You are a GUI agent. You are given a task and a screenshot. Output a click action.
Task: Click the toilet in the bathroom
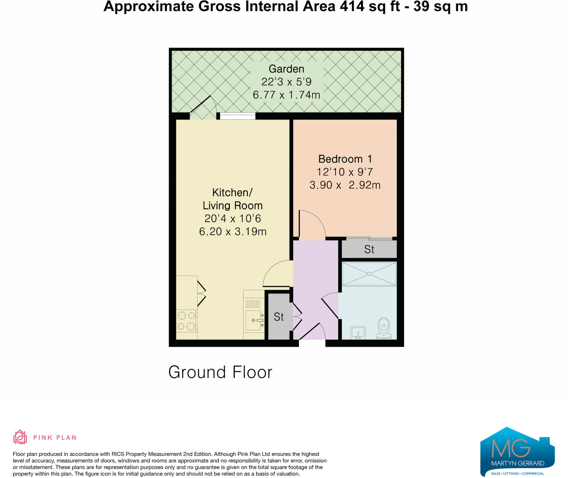[384, 328]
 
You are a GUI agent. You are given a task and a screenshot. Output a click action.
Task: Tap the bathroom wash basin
[358, 332]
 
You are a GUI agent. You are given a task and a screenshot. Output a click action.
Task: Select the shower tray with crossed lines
[369, 274]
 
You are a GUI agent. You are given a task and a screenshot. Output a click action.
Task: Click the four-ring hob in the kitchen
[186, 321]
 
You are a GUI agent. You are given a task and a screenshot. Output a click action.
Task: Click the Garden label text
[286, 69]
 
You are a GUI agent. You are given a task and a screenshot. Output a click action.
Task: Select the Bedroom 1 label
[345, 159]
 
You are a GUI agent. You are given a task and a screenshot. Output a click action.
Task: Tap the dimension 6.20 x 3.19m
[233, 232]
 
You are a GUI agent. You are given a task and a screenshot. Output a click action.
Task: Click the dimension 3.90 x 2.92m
[345, 185]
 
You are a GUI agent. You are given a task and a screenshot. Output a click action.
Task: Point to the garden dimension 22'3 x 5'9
[286, 82]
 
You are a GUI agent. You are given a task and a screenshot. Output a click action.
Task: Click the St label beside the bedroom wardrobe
[369, 249]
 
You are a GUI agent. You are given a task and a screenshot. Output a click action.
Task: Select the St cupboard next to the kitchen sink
[278, 317]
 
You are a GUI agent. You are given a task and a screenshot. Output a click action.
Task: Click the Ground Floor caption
[220, 372]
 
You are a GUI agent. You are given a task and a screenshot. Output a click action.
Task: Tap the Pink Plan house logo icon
[20, 437]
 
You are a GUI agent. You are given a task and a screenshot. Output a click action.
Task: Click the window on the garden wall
[238, 116]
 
